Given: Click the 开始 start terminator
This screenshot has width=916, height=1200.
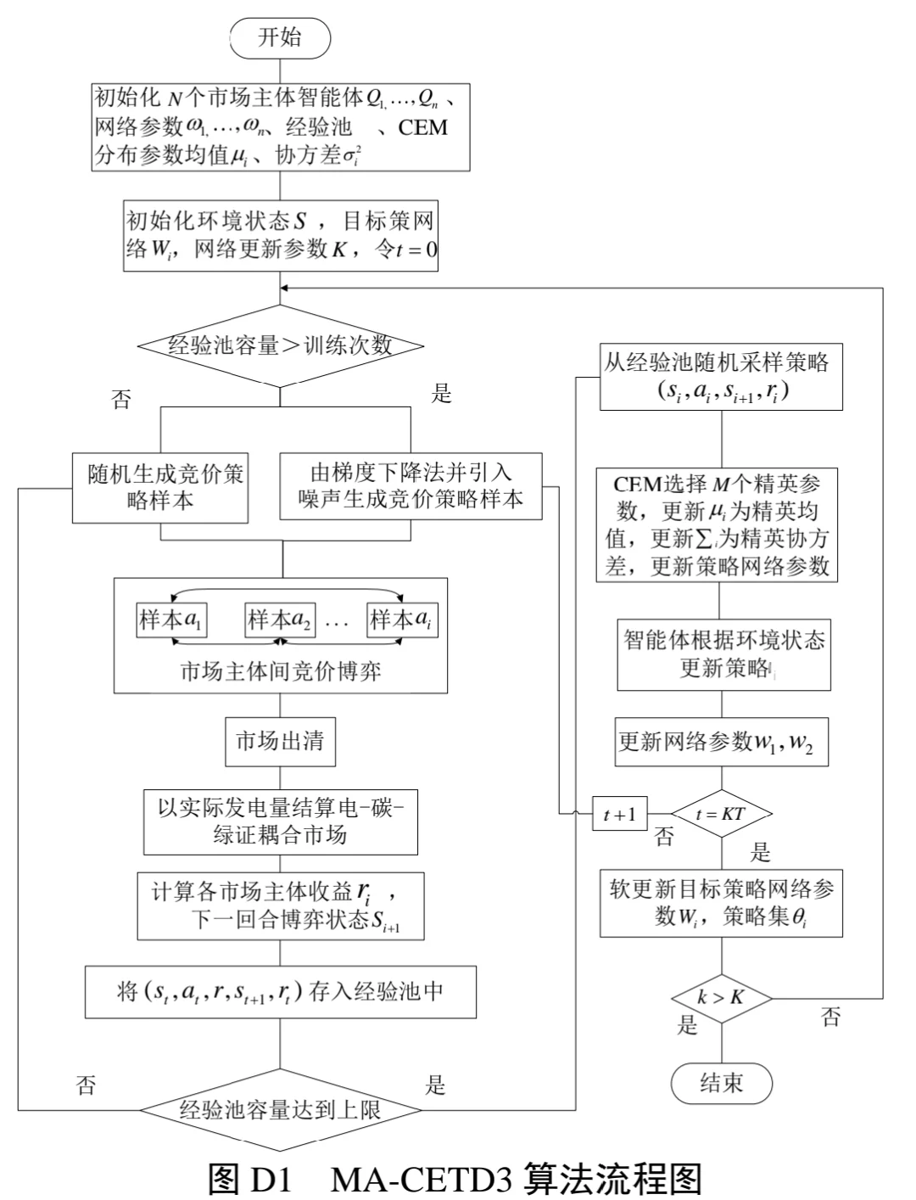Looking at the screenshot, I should click(279, 38).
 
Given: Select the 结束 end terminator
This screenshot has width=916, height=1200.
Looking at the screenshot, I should click(721, 1082).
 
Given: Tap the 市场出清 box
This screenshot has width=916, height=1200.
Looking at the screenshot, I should click(279, 742).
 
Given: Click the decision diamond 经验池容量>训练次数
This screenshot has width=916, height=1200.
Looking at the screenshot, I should click(280, 345).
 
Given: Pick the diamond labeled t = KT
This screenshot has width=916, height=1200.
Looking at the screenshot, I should click(721, 815).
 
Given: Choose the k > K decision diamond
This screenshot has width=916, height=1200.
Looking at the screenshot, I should click(721, 998).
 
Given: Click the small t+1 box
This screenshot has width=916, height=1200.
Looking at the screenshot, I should click(619, 815).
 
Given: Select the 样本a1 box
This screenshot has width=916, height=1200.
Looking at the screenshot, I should click(171, 620).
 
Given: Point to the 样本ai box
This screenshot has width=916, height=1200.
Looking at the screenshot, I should click(403, 620).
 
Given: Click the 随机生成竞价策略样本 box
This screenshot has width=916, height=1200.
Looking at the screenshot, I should click(160, 487).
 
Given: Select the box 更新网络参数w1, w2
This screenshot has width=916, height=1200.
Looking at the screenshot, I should click(721, 742).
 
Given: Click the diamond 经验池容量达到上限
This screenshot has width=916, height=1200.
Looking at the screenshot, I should click(280, 1109).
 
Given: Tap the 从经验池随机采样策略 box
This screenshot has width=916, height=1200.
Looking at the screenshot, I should click(721, 377).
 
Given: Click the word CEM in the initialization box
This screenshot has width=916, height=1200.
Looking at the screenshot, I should click(422, 127).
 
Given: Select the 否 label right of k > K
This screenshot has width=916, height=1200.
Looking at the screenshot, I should click(831, 1018).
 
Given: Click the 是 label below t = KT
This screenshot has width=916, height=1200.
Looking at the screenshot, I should click(760, 853).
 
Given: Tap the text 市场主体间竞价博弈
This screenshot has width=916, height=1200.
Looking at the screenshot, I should click(280, 671).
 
